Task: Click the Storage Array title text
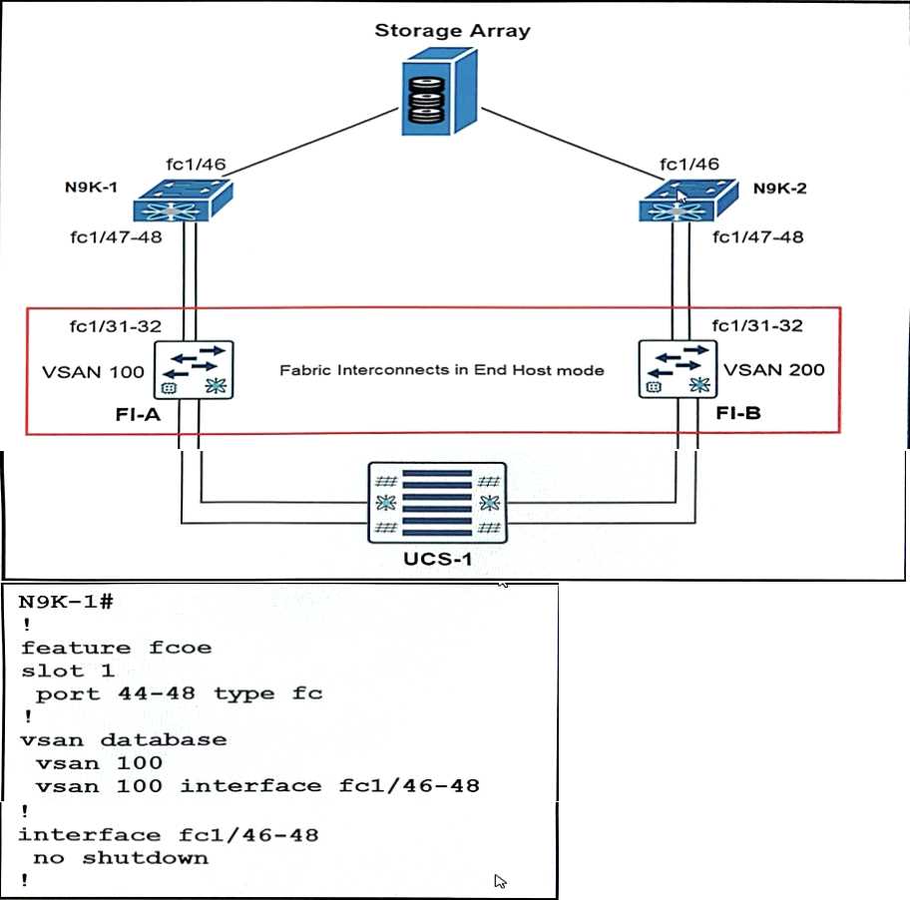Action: click(452, 30)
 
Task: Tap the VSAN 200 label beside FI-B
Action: click(774, 370)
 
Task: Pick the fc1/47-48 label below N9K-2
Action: click(757, 237)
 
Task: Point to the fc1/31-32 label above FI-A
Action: click(115, 325)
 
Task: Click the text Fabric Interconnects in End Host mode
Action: click(442, 370)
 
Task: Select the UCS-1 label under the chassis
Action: click(438, 559)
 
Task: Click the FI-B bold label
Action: click(737, 412)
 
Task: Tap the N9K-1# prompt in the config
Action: click(67, 602)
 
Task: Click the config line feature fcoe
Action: click(117, 648)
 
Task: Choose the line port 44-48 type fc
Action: click(180, 693)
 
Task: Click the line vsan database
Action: click(123, 739)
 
